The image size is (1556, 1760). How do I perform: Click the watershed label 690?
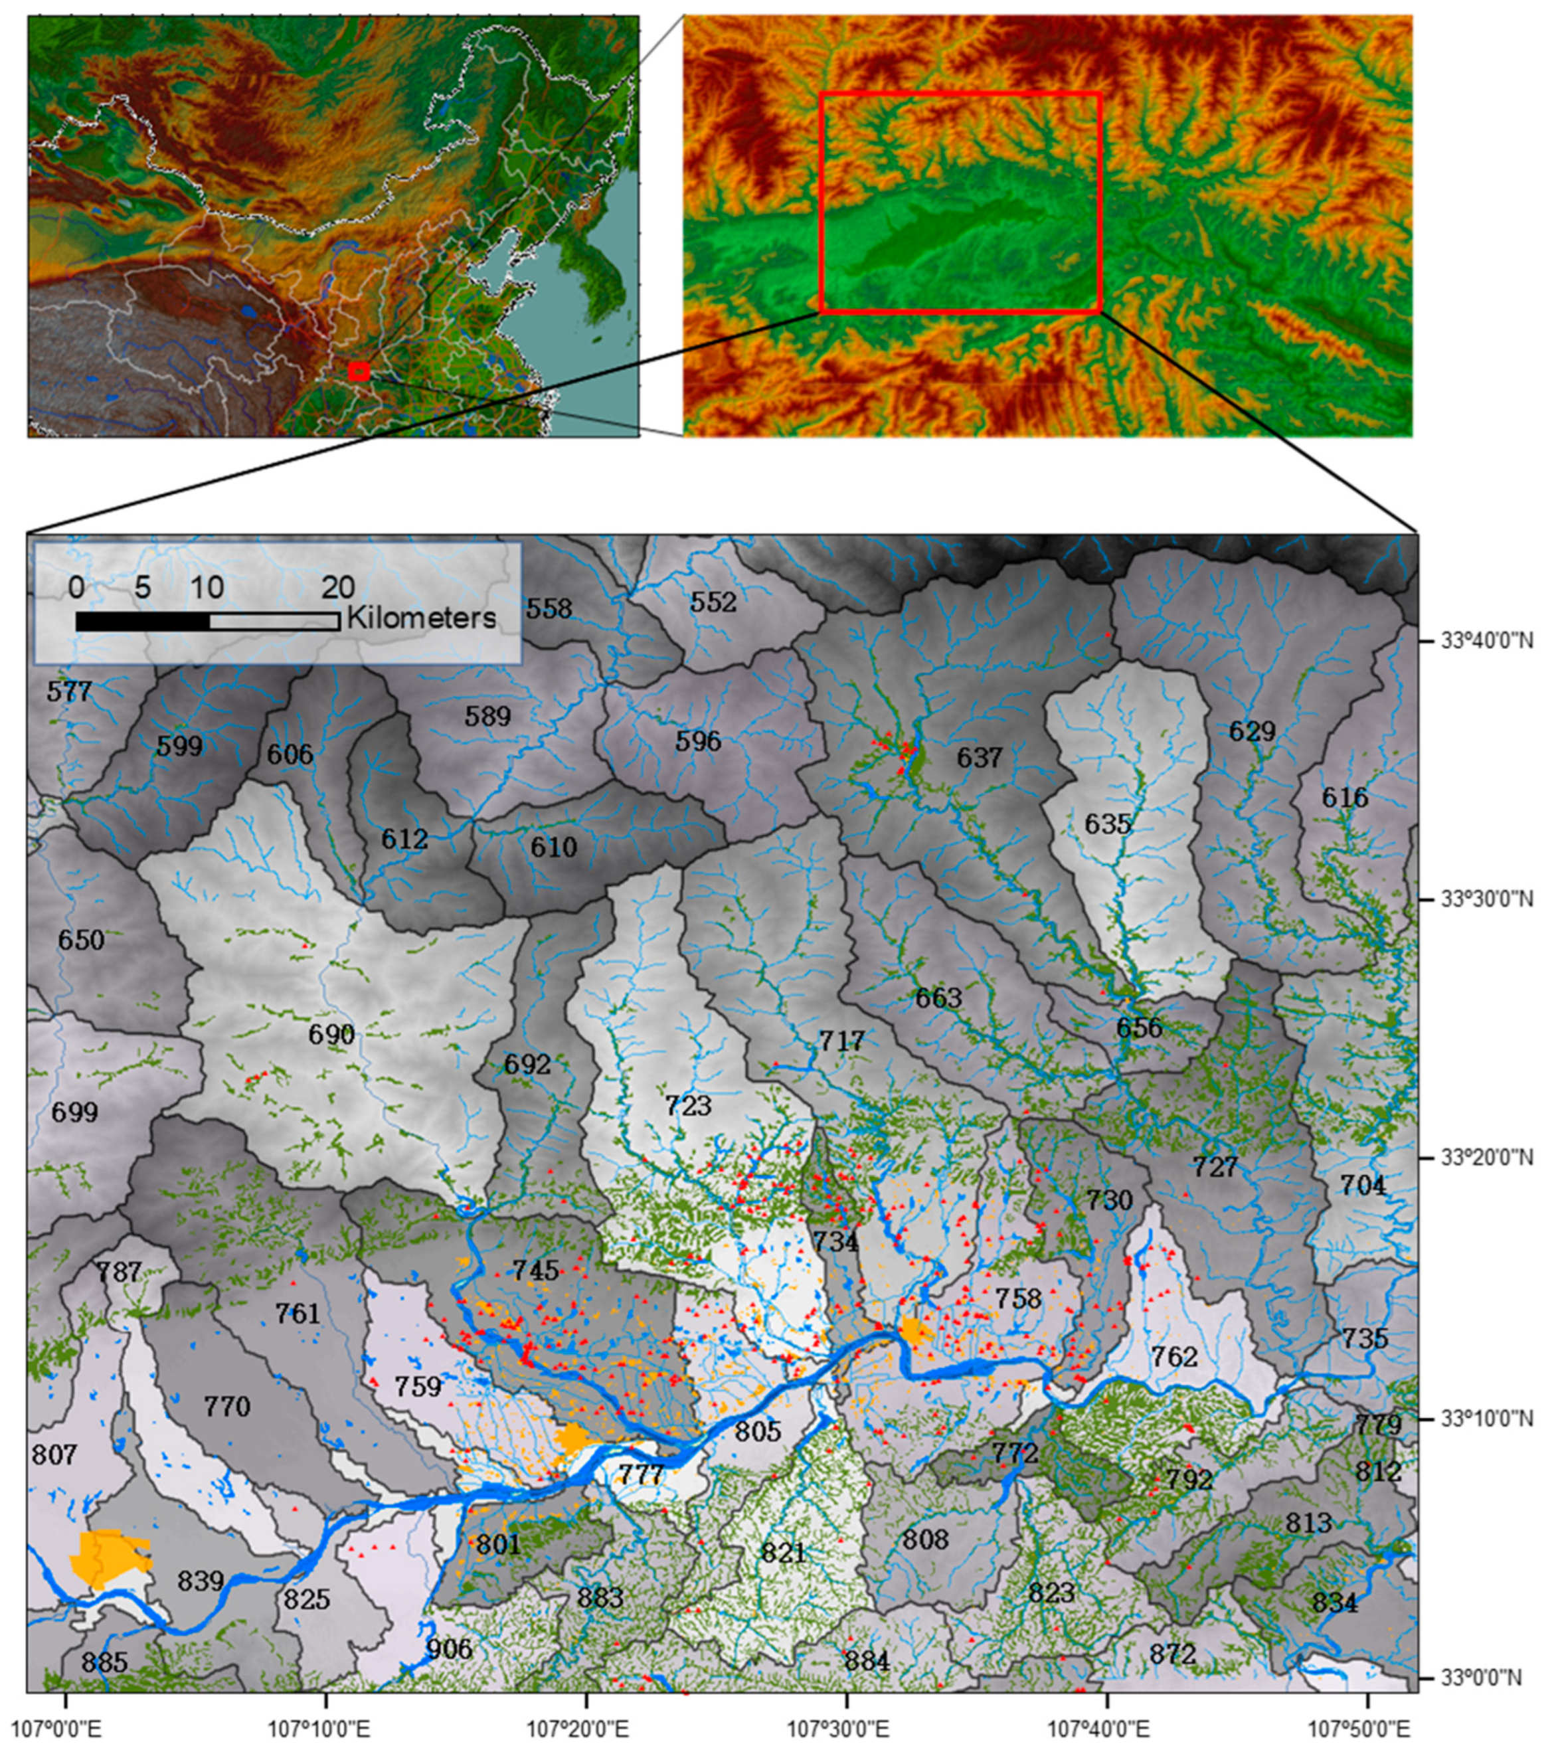(331, 1034)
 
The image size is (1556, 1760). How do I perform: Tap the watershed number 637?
(979, 758)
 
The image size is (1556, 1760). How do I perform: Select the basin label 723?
(688, 1104)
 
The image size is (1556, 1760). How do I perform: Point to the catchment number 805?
(758, 1431)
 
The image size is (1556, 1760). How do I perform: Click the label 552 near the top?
(713, 602)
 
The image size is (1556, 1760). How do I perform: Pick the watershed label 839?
(201, 1581)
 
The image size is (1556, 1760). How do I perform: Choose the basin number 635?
(1107, 824)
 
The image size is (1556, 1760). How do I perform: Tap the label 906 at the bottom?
(450, 1649)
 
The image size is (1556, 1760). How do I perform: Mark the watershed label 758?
(1018, 1298)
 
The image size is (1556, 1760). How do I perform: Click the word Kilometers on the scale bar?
(421, 618)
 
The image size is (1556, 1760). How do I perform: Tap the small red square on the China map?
(359, 371)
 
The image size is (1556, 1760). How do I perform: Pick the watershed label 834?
(1335, 1603)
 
